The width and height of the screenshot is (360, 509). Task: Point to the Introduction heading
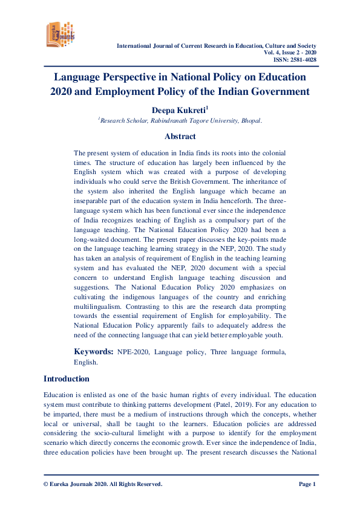67,379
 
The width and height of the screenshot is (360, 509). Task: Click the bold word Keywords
93,351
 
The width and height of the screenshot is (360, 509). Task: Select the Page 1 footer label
307,484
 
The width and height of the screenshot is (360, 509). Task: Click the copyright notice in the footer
103,484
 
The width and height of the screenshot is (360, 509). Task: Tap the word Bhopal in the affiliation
250,121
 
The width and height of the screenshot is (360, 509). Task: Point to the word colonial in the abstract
272,154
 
